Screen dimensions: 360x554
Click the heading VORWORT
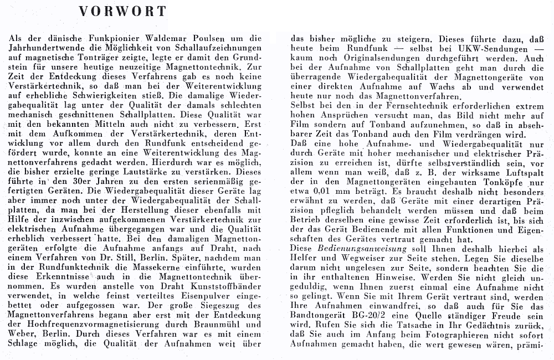pos(122,12)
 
